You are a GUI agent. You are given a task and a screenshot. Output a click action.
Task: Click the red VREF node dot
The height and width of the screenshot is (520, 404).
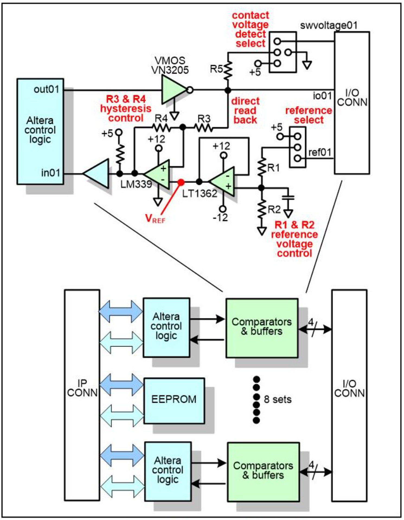[x=181, y=182]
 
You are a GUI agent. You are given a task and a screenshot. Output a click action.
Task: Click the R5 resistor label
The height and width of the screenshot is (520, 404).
[x=216, y=69]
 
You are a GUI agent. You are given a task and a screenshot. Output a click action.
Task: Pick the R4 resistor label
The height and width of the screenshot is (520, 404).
[x=161, y=118]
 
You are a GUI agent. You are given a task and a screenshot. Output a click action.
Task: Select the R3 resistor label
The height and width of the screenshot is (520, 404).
[x=204, y=118]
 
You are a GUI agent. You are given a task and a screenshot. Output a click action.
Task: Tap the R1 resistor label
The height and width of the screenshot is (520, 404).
[x=273, y=168]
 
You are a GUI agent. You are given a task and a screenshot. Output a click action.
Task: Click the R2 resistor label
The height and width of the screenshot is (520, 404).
[x=274, y=209]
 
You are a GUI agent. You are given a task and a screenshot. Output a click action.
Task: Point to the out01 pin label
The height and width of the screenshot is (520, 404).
[x=46, y=89]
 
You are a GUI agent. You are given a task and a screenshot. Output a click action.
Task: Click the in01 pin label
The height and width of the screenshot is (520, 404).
[x=50, y=173]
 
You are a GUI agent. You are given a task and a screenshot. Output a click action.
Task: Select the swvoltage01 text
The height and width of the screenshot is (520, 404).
[x=329, y=25]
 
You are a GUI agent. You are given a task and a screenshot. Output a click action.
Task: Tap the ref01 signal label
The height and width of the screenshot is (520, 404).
[x=320, y=152]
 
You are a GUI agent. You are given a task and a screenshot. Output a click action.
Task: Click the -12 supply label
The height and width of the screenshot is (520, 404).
[x=220, y=217]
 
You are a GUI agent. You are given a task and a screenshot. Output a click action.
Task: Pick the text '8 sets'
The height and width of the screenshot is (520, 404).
[x=278, y=399]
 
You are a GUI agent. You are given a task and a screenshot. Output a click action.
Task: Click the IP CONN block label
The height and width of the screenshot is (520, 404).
[x=82, y=388]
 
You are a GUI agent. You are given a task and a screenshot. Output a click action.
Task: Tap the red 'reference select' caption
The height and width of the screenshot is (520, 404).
[x=309, y=115]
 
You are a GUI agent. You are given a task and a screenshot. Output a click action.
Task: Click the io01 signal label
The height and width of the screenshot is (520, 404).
[x=322, y=96]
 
